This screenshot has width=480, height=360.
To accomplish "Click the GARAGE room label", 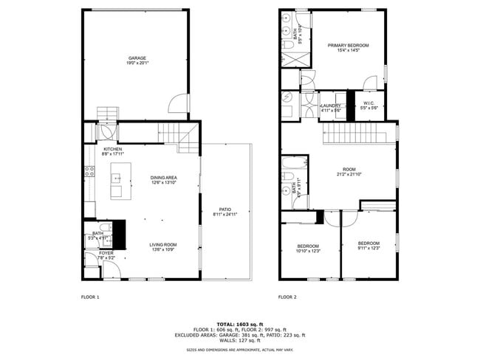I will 137,58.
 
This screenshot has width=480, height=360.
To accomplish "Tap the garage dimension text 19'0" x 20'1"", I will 137,63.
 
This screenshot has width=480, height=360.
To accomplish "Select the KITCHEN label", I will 112,148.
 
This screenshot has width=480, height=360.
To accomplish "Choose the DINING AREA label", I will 163,177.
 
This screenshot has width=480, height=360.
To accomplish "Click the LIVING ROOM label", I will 163,244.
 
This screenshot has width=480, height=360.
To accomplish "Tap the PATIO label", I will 226,210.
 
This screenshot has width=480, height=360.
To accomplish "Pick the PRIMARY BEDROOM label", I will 348,45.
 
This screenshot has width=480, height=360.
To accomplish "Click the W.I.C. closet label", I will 368,103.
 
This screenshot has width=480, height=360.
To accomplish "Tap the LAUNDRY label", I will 330,105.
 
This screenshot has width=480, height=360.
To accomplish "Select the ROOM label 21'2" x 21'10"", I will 348,169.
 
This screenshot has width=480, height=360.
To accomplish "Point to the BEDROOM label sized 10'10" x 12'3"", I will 308,246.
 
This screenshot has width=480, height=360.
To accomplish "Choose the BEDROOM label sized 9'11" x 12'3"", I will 368,243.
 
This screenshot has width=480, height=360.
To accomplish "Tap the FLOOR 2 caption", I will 287,297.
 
